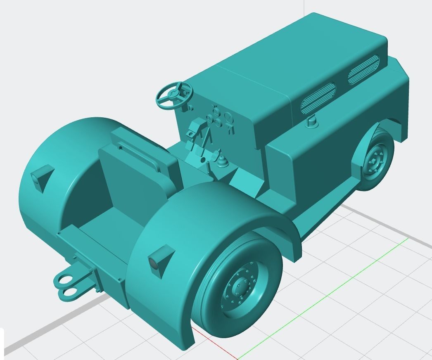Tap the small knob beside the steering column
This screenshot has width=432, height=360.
coord(190,108)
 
